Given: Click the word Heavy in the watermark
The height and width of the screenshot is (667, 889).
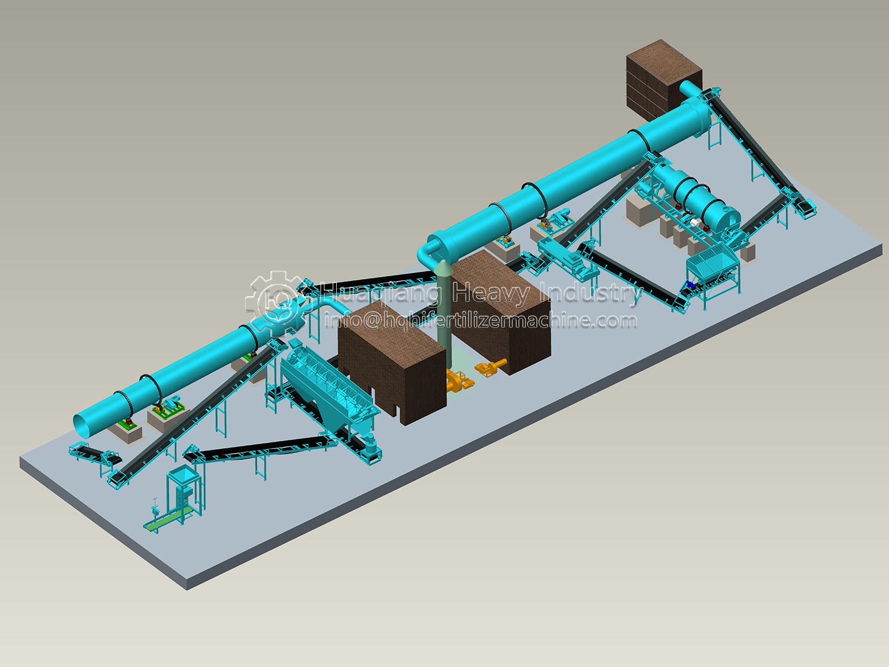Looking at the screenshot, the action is click(x=491, y=293).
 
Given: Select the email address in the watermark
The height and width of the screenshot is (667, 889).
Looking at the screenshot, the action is click(x=481, y=321).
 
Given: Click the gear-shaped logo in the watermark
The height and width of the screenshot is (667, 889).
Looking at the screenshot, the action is click(x=276, y=303).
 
